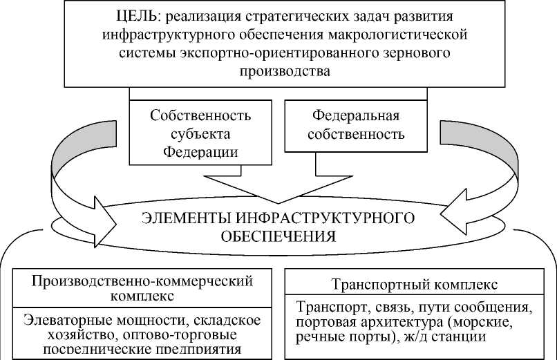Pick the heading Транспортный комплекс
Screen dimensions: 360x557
point(415,285)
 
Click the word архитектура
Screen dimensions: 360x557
point(429,321)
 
